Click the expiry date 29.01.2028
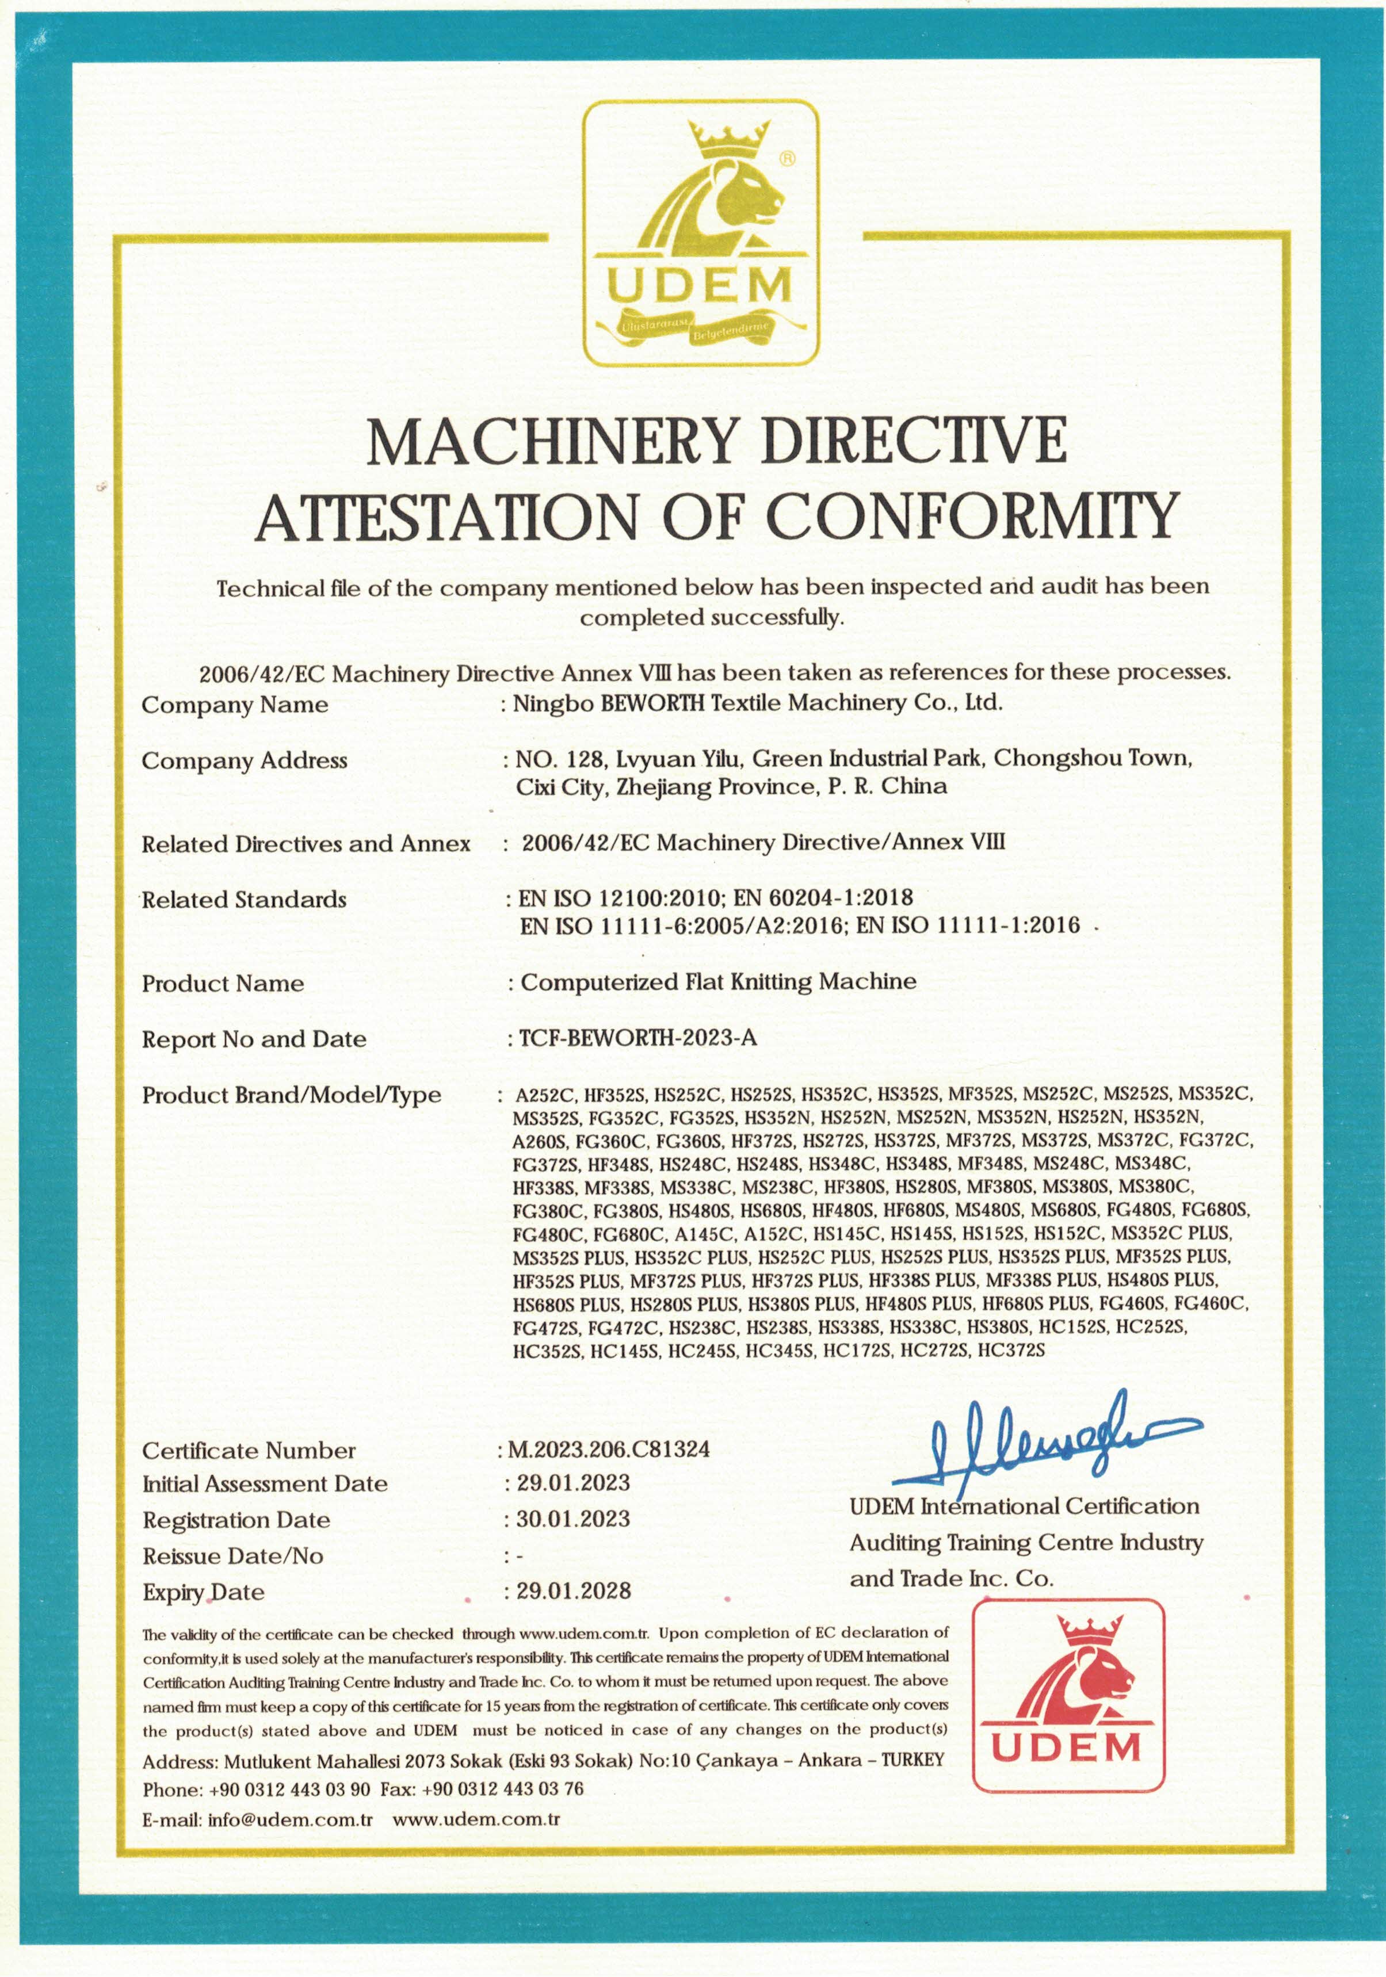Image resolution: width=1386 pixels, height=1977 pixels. (x=574, y=1590)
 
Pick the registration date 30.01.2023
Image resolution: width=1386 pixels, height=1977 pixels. (x=573, y=1519)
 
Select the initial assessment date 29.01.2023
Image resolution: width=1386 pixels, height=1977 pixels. (x=573, y=1483)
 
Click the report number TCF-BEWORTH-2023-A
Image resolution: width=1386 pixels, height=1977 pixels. (x=638, y=1038)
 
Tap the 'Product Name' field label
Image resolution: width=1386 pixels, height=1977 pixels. (x=222, y=984)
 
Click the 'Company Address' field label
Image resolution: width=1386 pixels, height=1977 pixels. (x=245, y=760)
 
